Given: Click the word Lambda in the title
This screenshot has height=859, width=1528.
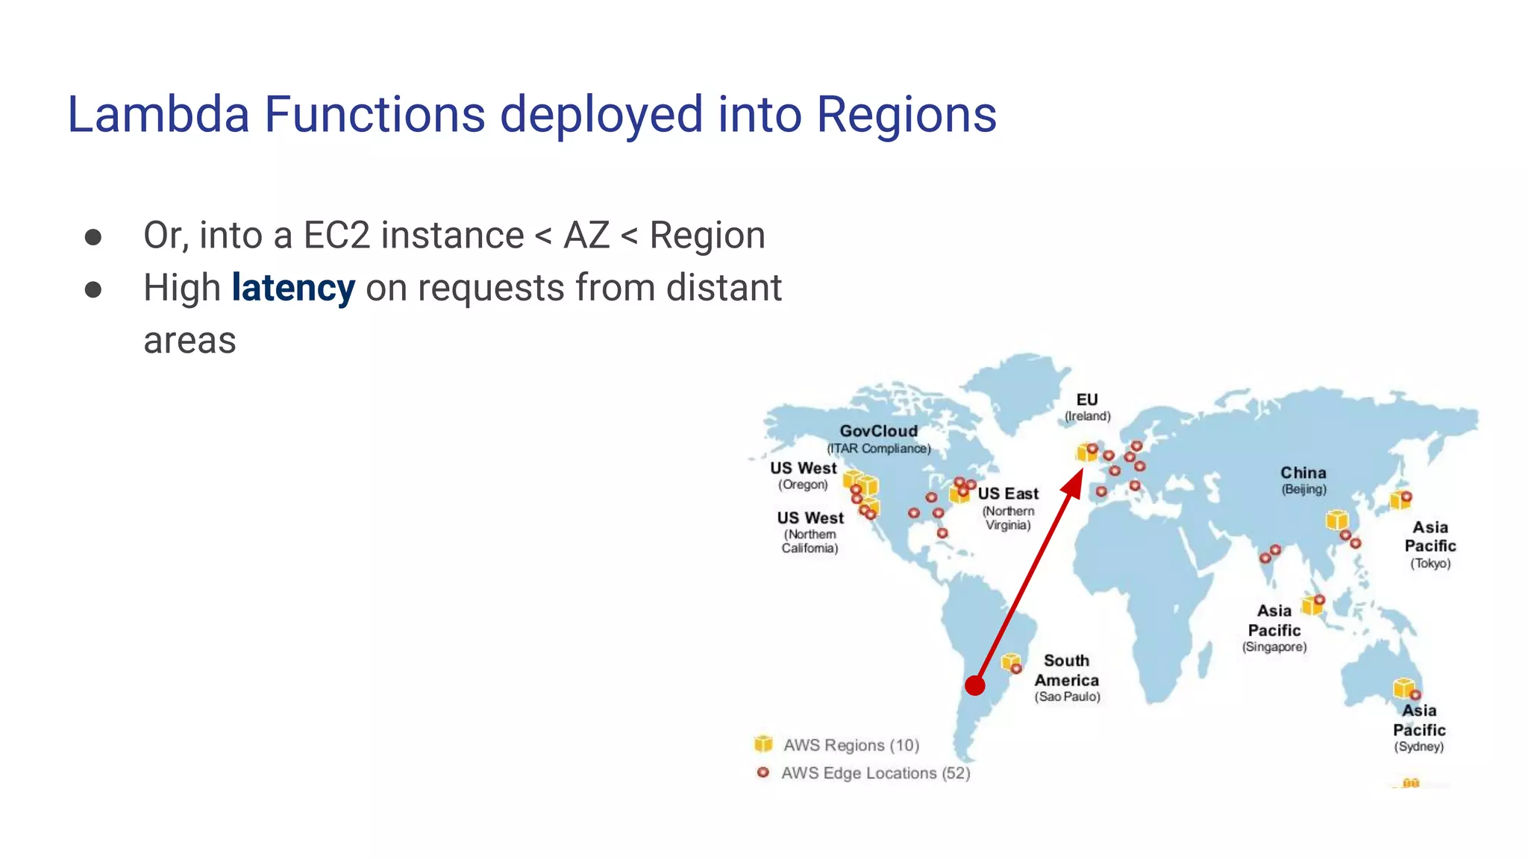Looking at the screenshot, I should (x=158, y=115).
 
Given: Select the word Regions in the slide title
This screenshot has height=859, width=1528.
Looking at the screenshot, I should (x=906, y=115).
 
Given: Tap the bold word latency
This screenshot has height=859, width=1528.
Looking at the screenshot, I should (x=293, y=288).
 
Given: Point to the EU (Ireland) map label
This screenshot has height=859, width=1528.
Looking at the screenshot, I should (x=1087, y=407).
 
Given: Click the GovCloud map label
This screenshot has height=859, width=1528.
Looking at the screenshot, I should (x=878, y=432).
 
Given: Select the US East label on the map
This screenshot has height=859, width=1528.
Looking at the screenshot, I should (x=1008, y=494).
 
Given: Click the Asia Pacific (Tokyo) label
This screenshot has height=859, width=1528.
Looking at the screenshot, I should (x=1430, y=545).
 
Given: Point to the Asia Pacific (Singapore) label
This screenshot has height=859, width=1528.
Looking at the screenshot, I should (x=1274, y=629).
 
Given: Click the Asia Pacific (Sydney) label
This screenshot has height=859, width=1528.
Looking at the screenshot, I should (x=1419, y=728).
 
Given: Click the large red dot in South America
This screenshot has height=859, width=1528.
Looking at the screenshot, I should (x=975, y=685).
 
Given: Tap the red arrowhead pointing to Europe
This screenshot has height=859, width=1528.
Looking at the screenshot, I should (x=1074, y=483).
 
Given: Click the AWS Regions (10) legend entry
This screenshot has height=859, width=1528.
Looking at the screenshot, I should (x=851, y=745).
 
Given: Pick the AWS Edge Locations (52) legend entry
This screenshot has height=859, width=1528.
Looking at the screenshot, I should (x=875, y=773).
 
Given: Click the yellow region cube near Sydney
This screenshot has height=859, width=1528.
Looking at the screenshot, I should (x=1403, y=687).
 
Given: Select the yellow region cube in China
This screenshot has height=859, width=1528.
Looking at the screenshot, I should (x=1336, y=520).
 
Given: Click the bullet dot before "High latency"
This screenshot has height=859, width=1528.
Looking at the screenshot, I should (x=93, y=289).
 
